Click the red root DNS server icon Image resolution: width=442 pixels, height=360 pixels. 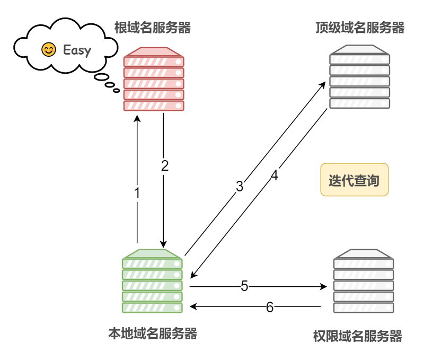pyautogui.click(x=154, y=79)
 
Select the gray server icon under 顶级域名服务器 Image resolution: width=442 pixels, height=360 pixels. pyautogui.click(x=359, y=77)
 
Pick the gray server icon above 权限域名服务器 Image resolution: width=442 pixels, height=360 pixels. pyautogui.click(x=364, y=281)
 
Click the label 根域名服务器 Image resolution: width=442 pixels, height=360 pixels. pyautogui.click(x=153, y=28)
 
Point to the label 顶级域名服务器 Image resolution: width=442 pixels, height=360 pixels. pyautogui.click(x=359, y=28)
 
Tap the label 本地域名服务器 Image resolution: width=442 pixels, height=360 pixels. pyautogui.click(x=153, y=333)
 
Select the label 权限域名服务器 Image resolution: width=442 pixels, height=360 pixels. pyautogui.click(x=358, y=336)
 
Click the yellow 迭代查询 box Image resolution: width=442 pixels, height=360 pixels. pyautogui.click(x=354, y=180)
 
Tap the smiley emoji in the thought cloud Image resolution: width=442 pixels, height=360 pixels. pyautogui.click(x=49, y=50)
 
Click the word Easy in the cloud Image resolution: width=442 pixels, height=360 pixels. pyautogui.click(x=77, y=50)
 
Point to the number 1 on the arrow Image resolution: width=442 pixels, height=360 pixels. pyautogui.click(x=137, y=193)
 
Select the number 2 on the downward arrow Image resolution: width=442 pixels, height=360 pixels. pyautogui.click(x=164, y=165)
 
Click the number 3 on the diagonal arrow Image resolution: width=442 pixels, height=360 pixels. pyautogui.click(x=240, y=186)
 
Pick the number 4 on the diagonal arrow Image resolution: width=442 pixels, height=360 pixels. pyautogui.click(x=274, y=175)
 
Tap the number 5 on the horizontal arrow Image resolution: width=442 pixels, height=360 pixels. pyautogui.click(x=244, y=286)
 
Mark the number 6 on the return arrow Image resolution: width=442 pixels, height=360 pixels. pyautogui.click(x=270, y=307)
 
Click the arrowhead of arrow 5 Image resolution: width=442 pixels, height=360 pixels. pyautogui.click(x=324, y=286)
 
